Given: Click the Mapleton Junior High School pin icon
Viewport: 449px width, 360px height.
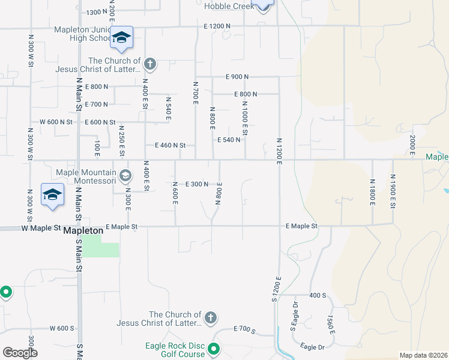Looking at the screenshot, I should pyautogui.click(x=121, y=39).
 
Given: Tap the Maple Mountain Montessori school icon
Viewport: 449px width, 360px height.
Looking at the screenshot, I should pyautogui.click(x=125, y=176).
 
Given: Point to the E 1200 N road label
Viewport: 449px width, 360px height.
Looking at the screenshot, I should pyautogui.click(x=217, y=26).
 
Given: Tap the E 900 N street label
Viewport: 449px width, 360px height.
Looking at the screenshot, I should pyautogui.click(x=237, y=77).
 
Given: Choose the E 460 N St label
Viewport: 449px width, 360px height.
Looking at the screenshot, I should pyautogui.click(x=170, y=145).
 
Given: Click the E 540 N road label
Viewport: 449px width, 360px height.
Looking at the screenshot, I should pyautogui.click(x=229, y=140).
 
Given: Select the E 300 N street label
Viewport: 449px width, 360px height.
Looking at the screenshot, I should pyautogui.click(x=196, y=184).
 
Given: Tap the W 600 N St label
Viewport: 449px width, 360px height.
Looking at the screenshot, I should pyautogui.click(x=56, y=122).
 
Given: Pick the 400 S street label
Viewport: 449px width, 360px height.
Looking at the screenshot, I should pyautogui.click(x=318, y=296).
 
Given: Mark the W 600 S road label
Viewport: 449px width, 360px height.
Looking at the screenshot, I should pyautogui.click(x=61, y=328).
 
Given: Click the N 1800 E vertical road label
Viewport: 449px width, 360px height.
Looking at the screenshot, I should pyautogui.click(x=373, y=190).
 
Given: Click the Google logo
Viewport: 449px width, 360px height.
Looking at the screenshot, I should pyautogui.click(x=19, y=353).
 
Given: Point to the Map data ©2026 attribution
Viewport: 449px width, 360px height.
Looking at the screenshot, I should pyautogui.click(x=423, y=355).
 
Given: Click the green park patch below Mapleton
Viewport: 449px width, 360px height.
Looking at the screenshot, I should pyautogui.click(x=100, y=246).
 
